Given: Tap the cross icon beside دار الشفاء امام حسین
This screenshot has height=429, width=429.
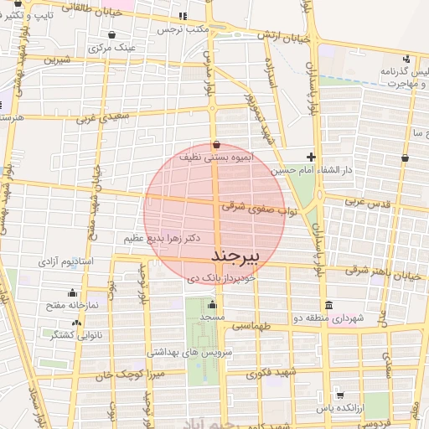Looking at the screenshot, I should (312, 157).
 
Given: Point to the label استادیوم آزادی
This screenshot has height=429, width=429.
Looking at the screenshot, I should (70, 263).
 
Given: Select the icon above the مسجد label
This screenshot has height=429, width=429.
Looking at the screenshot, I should (212, 305).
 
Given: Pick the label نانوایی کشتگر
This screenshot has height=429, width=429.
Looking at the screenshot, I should (78, 335).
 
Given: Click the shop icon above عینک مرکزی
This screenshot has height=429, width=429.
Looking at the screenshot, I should (112, 35).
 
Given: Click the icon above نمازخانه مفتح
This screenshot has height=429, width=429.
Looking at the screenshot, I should (72, 293).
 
